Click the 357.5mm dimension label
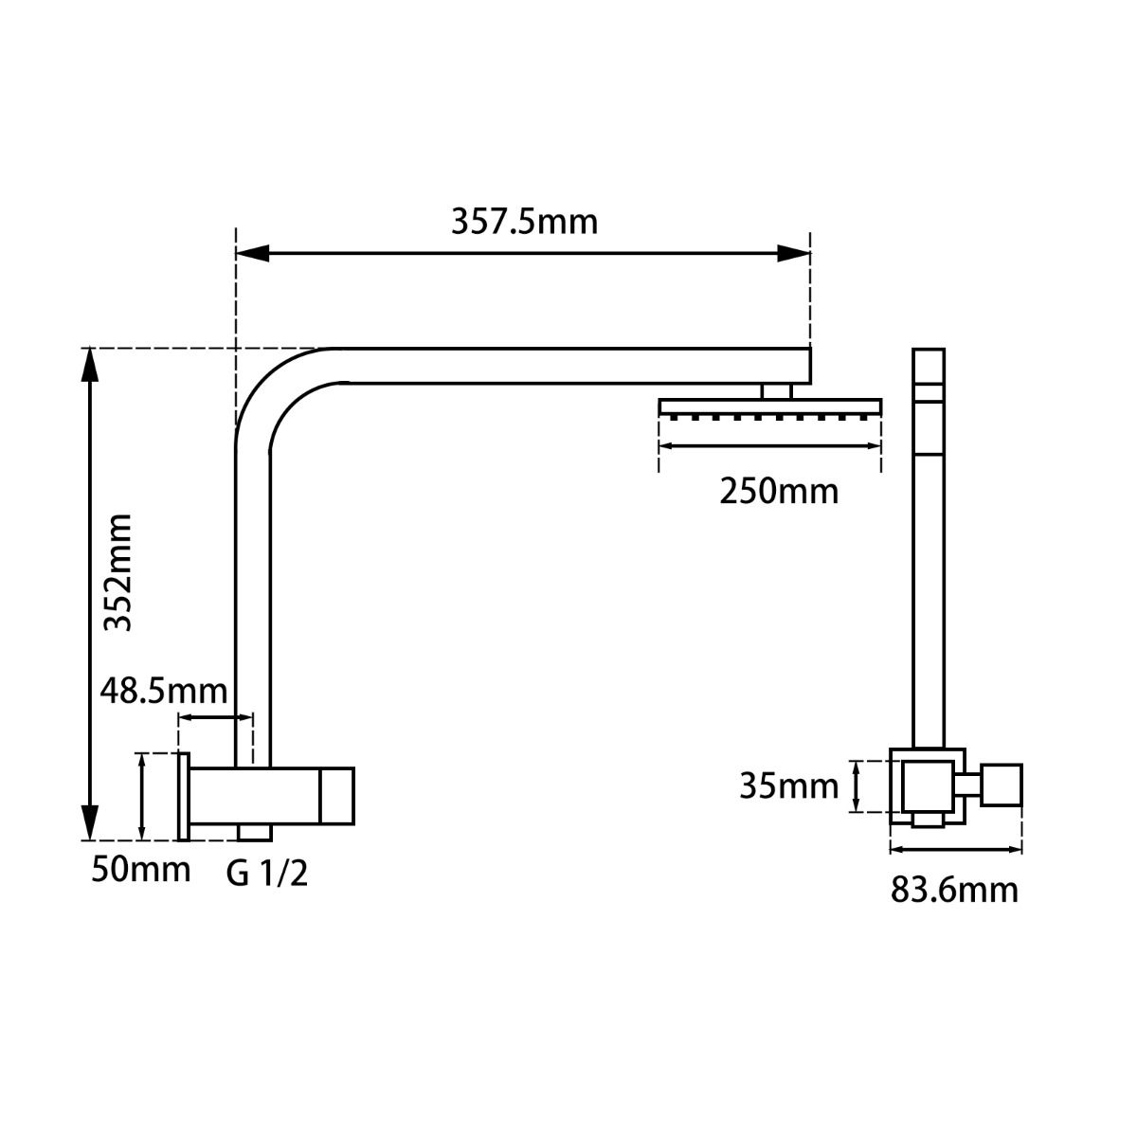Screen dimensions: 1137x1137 [524, 222]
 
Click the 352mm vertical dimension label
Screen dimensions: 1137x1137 [117, 571]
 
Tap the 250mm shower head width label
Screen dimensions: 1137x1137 [779, 492]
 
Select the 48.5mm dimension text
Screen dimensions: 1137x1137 [164, 691]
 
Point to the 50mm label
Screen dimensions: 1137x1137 [140, 868]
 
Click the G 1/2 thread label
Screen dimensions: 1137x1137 [267, 873]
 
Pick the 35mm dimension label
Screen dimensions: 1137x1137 [788, 786]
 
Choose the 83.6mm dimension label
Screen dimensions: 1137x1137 [954, 890]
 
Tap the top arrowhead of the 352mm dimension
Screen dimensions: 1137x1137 [88, 365]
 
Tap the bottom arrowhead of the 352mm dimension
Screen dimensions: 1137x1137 [88, 822]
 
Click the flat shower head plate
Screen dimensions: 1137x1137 [770, 406]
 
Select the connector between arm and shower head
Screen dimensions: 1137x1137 [776, 390]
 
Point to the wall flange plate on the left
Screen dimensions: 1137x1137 [184, 796]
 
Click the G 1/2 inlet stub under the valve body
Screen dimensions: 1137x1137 [253, 832]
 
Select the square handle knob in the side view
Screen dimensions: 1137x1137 [1002, 785]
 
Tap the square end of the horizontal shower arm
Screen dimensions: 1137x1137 [801, 365]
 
